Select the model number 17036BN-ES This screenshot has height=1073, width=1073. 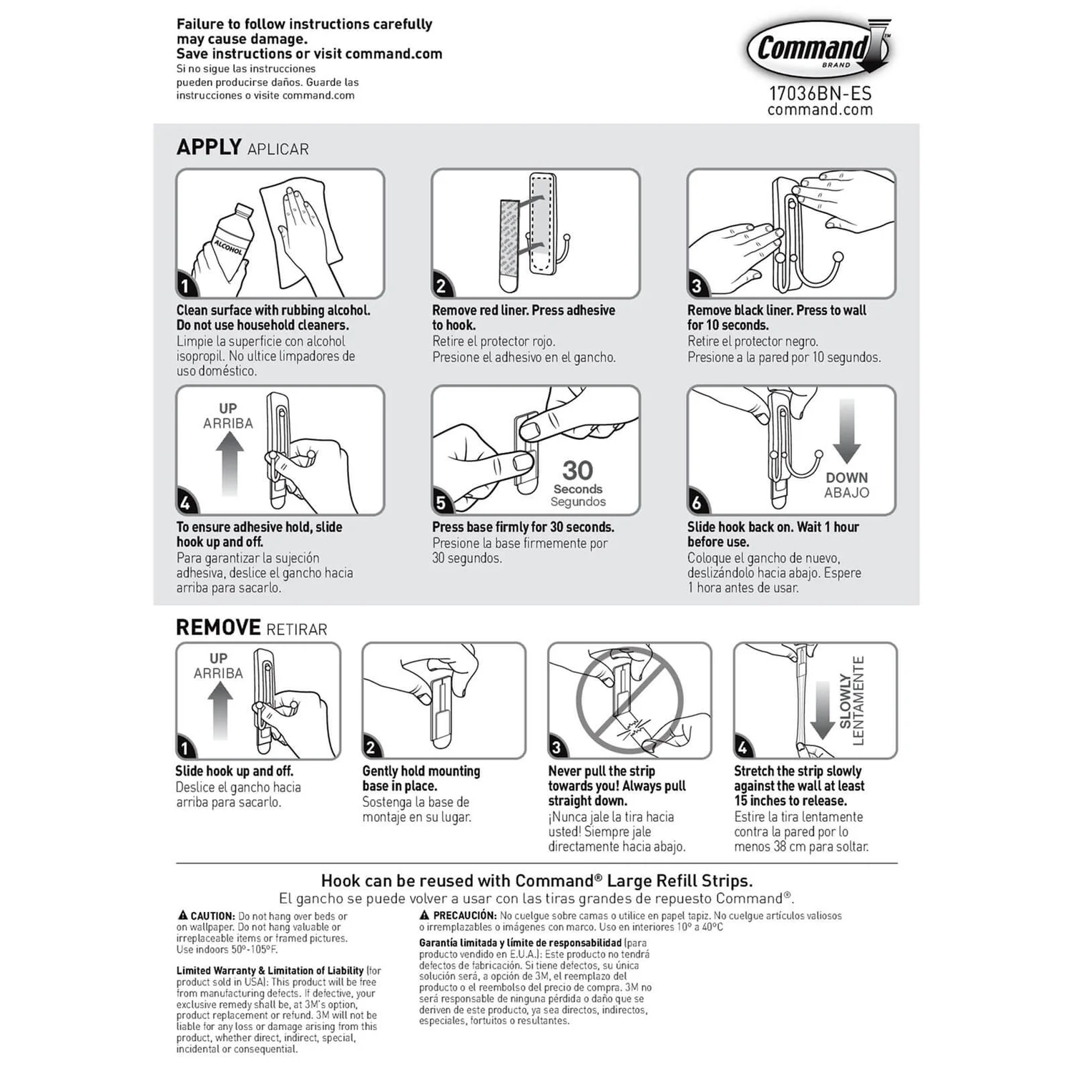[820, 93]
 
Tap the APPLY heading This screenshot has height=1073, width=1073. [209, 147]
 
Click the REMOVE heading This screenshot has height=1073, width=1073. [218, 627]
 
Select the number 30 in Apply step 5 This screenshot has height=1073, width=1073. [577, 470]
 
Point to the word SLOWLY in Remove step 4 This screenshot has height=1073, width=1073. [846, 700]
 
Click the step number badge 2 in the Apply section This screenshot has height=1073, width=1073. [441, 286]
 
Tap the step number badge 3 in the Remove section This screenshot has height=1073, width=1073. [557, 748]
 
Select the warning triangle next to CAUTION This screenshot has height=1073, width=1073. [182, 916]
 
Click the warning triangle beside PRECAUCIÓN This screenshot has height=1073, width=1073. [424, 915]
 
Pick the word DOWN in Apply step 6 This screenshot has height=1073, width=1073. [846, 477]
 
